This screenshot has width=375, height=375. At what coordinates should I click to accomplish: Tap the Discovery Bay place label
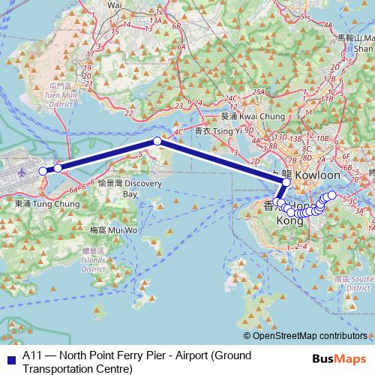131,188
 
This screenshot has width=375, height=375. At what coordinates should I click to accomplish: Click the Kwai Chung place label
253,117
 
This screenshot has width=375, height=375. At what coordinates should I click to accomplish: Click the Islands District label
93,263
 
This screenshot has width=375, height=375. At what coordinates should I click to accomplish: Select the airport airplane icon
22,172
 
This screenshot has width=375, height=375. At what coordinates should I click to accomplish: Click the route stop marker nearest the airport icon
43,171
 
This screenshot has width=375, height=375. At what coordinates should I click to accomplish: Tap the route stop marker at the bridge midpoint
157,141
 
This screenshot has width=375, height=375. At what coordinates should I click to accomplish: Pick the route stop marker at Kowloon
286,181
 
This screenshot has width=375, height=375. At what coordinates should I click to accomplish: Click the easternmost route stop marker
332,195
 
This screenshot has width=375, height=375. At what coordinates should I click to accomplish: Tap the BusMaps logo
337,359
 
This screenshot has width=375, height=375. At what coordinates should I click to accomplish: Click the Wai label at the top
114,4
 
